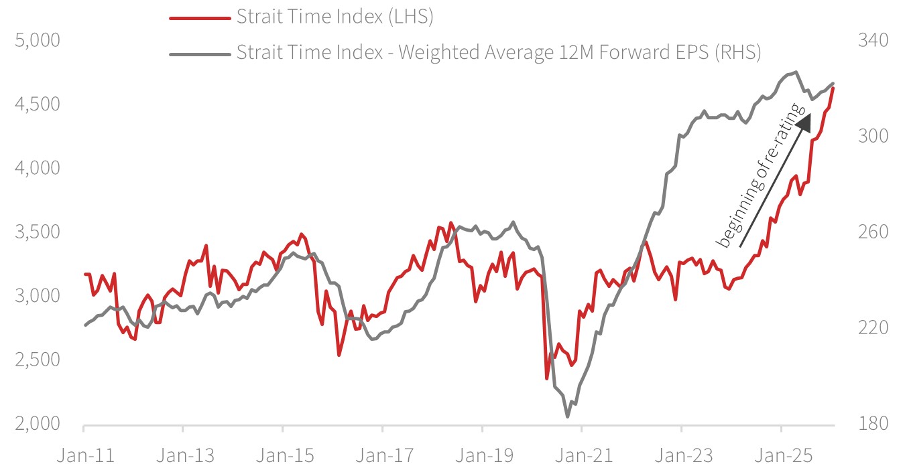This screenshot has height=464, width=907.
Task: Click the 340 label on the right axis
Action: coord(872,40)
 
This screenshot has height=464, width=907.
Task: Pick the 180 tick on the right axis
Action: coord(872,424)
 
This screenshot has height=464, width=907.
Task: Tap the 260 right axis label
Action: coord(872,232)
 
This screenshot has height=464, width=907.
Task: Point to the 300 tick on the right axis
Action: coord(872,136)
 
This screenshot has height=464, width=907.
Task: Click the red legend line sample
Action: coord(199,18)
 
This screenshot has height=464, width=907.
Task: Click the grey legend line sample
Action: coord(199,52)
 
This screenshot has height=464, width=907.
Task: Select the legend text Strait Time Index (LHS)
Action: coord(335,17)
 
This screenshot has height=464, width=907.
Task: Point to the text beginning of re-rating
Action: coord(759,175)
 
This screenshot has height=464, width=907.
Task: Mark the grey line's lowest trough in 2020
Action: coord(567,416)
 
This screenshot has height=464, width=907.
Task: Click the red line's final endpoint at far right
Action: coord(833,88)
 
